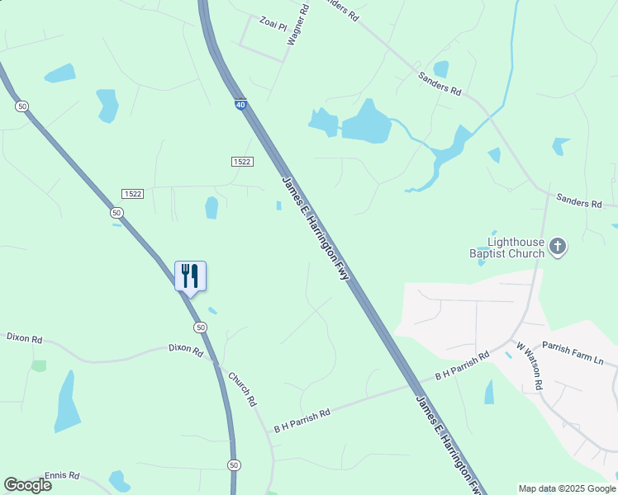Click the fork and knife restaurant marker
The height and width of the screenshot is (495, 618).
[190, 276]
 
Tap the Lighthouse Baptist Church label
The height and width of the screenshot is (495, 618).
[516, 247]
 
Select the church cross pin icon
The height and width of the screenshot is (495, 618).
[558, 246]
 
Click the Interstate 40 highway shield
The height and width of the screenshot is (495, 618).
[240, 105]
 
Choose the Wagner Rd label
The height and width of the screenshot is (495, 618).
[297, 24]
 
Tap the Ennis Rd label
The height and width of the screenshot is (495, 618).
[62, 475]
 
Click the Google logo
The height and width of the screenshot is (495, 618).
[27, 485]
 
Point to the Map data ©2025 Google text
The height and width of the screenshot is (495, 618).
[567, 488]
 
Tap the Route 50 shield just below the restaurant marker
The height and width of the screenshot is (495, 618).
[201, 328]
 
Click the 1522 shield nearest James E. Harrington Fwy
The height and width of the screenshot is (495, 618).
[241, 162]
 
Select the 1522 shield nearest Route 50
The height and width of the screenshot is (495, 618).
[132, 193]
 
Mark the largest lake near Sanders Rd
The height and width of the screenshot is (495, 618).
[366, 124]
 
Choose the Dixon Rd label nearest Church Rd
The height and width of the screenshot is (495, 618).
[186, 351]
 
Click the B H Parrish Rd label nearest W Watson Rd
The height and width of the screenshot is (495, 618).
[462, 365]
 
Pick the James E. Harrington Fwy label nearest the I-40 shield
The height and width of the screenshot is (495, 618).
[316, 228]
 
